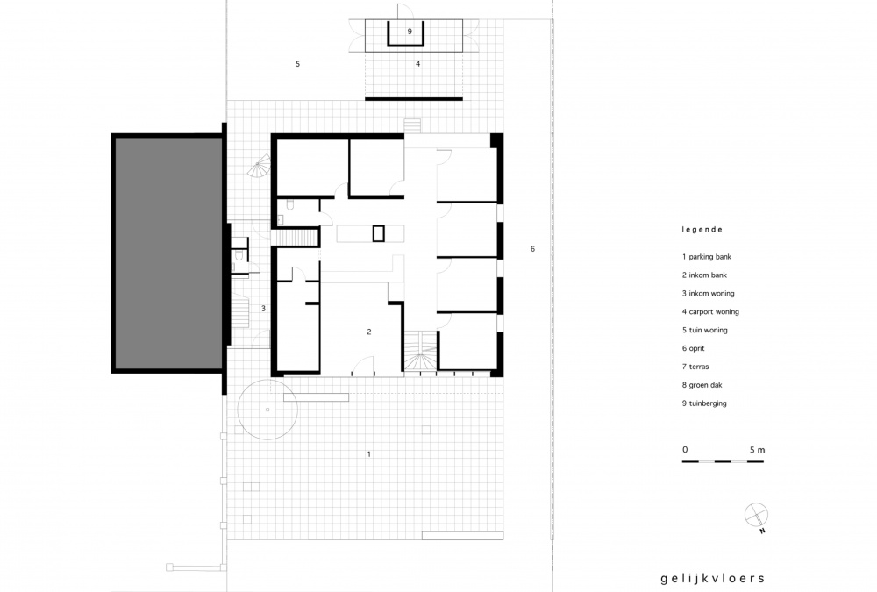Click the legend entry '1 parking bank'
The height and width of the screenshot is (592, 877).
[x=706, y=257]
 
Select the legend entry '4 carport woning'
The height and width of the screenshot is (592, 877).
[x=710, y=311]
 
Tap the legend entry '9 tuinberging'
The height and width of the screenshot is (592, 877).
[x=704, y=403]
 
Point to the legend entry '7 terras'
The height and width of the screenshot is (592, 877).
[x=695, y=367]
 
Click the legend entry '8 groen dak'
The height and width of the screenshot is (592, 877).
[x=702, y=385]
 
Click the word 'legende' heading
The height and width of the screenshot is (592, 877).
[x=702, y=230]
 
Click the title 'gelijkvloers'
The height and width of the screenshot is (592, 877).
[x=712, y=579]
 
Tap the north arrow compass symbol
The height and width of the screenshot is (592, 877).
[x=756, y=516]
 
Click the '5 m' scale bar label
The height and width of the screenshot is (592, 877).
[x=758, y=450]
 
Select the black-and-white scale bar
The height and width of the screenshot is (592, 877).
[x=723, y=461]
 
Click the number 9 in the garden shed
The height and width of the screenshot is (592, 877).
[x=410, y=32]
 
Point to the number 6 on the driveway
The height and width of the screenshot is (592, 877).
[x=532, y=248]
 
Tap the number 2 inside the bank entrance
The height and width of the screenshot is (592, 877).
[x=369, y=332]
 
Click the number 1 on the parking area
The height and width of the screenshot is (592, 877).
[x=368, y=453]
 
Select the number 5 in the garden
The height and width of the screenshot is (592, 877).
[x=297, y=64]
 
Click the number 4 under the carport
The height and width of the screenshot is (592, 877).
[x=417, y=64]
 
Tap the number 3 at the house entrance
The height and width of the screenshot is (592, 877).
[x=263, y=309]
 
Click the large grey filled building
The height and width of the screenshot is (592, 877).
[x=168, y=253]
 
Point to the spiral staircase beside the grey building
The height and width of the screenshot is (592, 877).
[x=260, y=166]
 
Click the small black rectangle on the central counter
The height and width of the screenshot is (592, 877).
[x=379, y=233]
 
